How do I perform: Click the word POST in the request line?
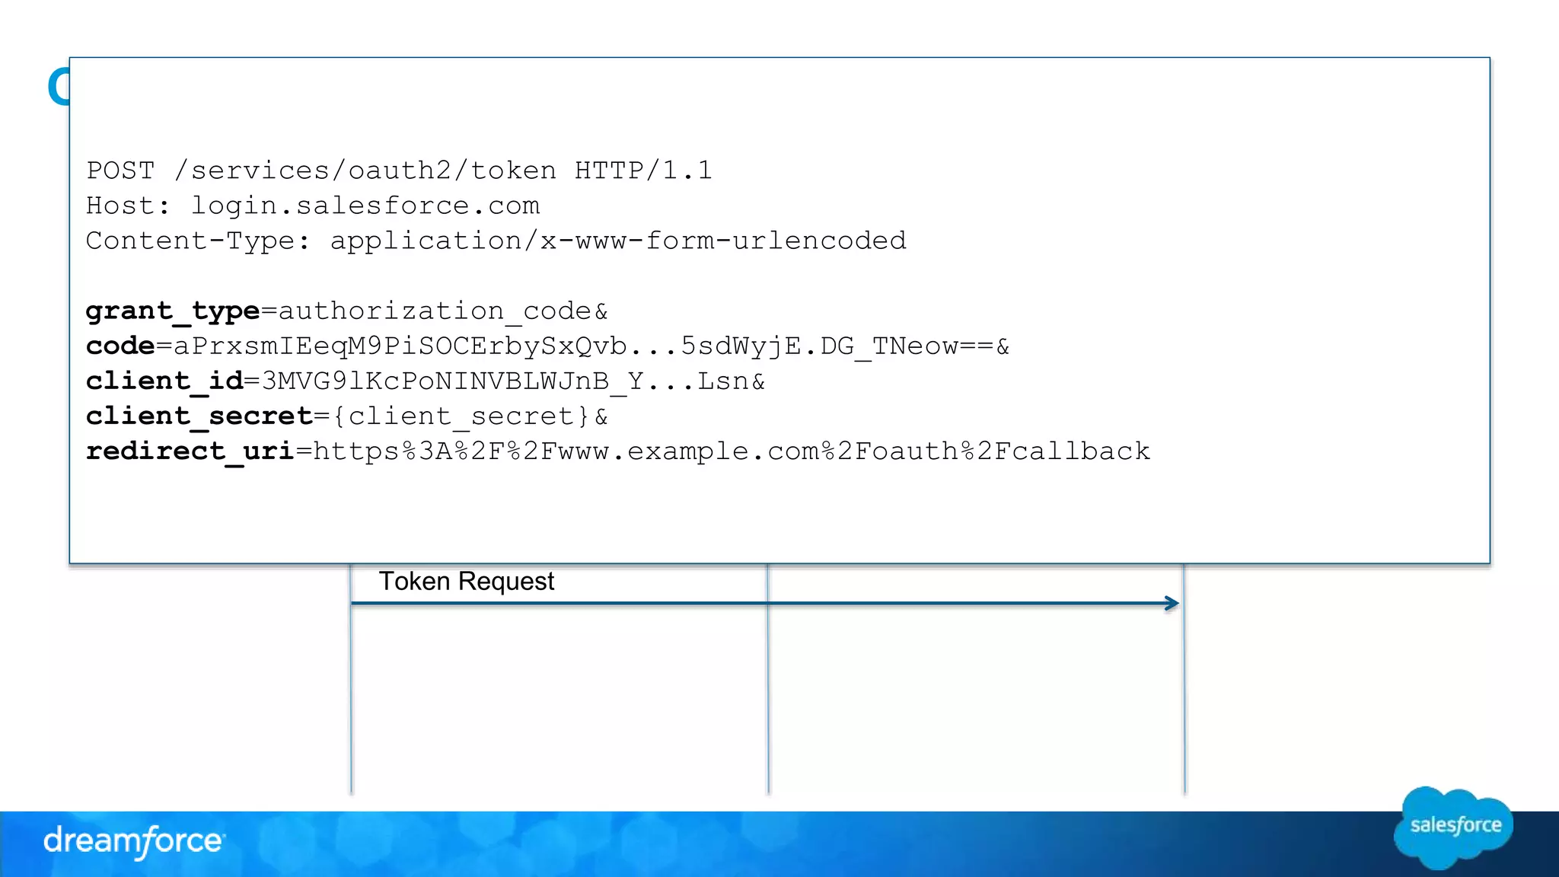click(x=120, y=171)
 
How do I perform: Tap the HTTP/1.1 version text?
click(x=643, y=171)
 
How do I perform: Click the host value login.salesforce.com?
click(x=365, y=206)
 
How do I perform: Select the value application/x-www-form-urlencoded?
click(x=618, y=241)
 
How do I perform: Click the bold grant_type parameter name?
click(x=173, y=311)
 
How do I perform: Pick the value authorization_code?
click(x=435, y=311)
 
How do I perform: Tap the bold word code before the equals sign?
click(x=120, y=346)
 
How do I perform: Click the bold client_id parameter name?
click(x=164, y=381)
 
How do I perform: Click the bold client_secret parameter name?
click(x=199, y=416)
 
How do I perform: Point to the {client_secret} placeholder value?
click(x=461, y=416)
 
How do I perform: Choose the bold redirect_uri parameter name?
click(x=190, y=451)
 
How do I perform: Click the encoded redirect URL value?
click(x=731, y=451)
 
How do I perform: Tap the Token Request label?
click(x=467, y=582)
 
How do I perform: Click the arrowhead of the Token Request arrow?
click(x=1172, y=604)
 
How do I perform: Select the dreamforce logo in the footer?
click(x=133, y=841)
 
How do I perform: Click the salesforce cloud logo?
click(x=1454, y=827)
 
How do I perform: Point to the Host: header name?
click(x=129, y=206)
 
